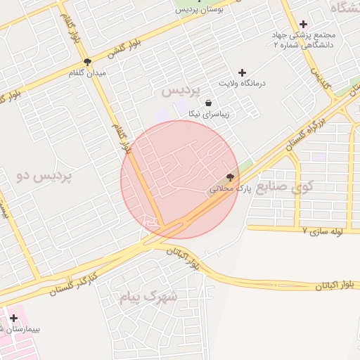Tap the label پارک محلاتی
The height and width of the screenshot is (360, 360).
[x=229, y=189]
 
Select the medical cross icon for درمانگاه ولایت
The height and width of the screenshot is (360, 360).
[x=243, y=72]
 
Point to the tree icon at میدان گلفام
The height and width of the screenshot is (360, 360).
[x=87, y=62]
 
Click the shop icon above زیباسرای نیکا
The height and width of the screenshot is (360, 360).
[x=208, y=103]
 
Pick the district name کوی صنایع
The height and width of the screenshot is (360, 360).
[x=285, y=187]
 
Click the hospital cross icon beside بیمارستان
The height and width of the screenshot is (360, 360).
[x=13, y=319]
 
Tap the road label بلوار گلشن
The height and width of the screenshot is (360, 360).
[x=124, y=47]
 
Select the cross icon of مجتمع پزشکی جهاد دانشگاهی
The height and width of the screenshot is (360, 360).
[x=303, y=24]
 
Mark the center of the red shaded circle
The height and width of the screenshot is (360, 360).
[x=180, y=179]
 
